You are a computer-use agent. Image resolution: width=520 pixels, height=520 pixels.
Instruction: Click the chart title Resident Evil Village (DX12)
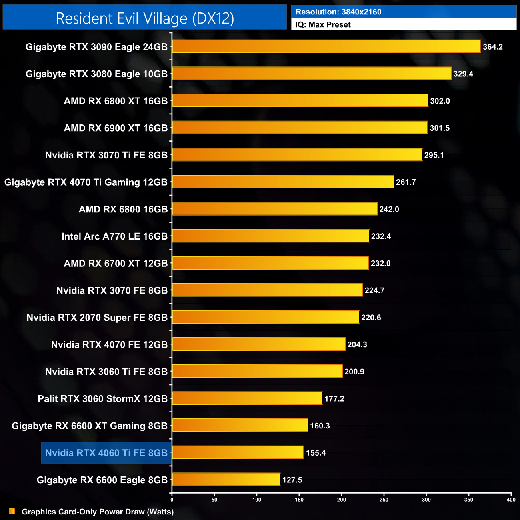pyautogui.click(x=145, y=18)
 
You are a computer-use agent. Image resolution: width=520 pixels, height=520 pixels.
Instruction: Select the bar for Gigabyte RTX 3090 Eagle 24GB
pyautogui.click(x=326, y=46)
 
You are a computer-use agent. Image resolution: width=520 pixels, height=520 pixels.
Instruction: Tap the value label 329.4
pyautogui.click(x=463, y=74)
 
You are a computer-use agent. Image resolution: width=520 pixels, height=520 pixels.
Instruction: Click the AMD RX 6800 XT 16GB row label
pyautogui.click(x=116, y=101)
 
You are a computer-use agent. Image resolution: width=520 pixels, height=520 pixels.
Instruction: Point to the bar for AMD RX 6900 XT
pyautogui.click(x=300, y=128)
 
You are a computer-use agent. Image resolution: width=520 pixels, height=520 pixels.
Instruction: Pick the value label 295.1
pyautogui.click(x=434, y=155)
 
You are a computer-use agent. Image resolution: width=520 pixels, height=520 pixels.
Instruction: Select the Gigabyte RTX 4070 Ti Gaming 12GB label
pyautogui.click(x=86, y=182)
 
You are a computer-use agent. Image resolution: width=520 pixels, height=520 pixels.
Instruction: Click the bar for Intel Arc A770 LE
pyautogui.click(x=270, y=236)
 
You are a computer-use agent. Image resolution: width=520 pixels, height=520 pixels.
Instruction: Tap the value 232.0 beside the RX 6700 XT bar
pyautogui.click(x=380, y=264)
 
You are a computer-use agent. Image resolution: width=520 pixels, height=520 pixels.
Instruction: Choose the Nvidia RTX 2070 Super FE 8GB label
pyautogui.click(x=97, y=318)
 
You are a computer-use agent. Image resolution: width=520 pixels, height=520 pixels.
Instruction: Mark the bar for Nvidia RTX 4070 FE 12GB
pyautogui.click(x=258, y=344)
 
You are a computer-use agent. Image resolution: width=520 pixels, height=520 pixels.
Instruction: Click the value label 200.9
pyautogui.click(x=354, y=372)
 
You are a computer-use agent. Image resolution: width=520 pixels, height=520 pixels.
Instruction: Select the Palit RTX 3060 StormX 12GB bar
pyautogui.click(x=247, y=398)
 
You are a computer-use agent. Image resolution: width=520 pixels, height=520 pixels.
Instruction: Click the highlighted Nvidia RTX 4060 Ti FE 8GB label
pyautogui.click(x=106, y=453)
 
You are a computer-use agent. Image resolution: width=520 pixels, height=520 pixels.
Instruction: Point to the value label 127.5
pyautogui.click(x=292, y=480)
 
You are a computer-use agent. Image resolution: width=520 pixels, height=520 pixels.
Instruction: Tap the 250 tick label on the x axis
pyautogui.click(x=384, y=500)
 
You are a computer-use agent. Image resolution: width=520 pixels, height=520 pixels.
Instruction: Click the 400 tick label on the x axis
pyautogui.click(x=511, y=500)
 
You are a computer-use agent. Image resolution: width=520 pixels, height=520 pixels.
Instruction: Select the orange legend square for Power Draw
pyautogui.click(x=12, y=512)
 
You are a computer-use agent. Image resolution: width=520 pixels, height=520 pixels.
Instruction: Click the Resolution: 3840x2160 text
pyautogui.click(x=338, y=12)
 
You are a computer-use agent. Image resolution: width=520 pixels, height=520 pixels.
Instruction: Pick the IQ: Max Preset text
pyautogui.click(x=323, y=25)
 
